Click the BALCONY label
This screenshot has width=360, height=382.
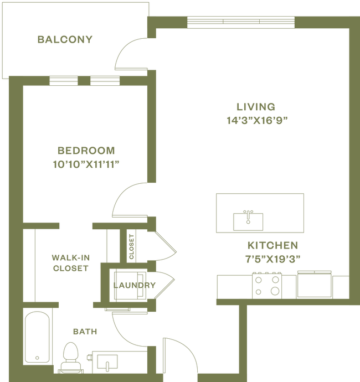pos(65,39)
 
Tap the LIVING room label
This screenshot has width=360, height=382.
pos(255,107)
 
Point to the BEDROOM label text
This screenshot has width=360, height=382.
pos(86,150)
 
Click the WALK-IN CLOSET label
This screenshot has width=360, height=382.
pos(70,262)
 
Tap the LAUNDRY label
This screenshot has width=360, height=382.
pos(135,286)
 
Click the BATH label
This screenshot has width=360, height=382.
pos(85,332)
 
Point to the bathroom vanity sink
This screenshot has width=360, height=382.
pos(105,363)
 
